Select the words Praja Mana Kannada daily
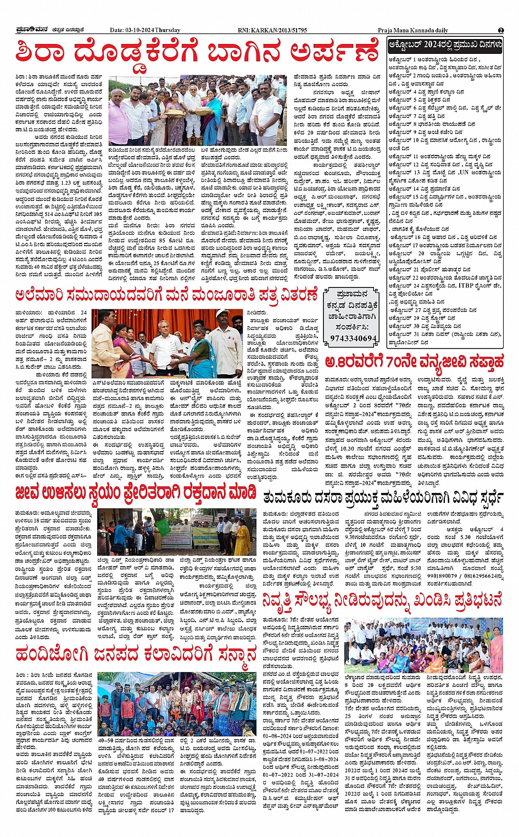[412, 30]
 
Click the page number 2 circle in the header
[501, 30]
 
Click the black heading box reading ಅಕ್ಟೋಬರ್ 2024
[445, 46]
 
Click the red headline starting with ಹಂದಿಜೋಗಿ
[136, 655]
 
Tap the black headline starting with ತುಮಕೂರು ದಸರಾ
[383, 498]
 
